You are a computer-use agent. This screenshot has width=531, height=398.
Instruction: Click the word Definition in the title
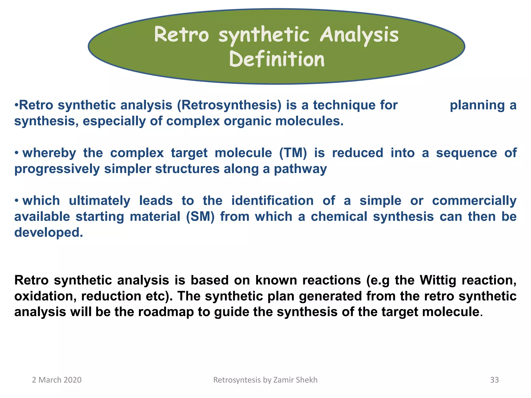[x=277, y=59]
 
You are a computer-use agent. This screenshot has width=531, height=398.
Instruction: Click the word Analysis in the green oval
[x=359, y=35]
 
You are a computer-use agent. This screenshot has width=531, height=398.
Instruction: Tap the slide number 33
[x=494, y=380]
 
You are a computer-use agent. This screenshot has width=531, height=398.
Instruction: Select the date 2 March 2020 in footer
[x=57, y=380]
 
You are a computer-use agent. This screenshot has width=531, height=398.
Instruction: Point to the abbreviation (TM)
[x=293, y=153]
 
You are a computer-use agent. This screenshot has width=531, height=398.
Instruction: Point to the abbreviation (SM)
[x=200, y=217]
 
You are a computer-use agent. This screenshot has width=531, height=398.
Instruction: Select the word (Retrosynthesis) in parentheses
[x=229, y=105]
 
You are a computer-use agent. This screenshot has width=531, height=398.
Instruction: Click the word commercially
[x=474, y=201]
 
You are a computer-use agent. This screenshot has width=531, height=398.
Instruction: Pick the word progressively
[x=57, y=169]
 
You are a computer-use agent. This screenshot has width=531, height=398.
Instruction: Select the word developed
[x=48, y=232]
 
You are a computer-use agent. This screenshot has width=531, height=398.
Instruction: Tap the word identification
[x=272, y=201]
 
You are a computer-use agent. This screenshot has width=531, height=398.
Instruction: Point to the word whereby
[x=49, y=153]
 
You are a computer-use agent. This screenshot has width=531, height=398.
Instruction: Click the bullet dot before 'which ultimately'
[x=16, y=201]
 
